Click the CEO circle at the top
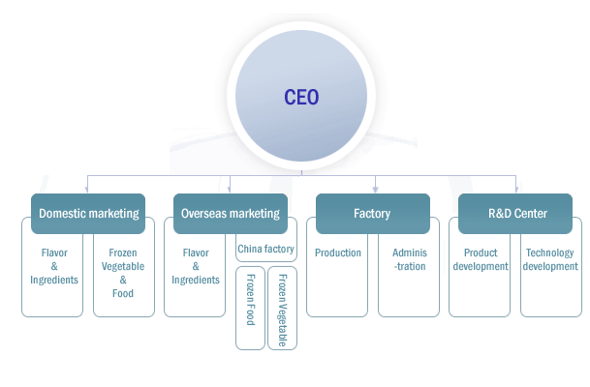[301, 98]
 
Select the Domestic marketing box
[88, 214]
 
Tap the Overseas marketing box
[231, 214]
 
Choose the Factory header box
[373, 214]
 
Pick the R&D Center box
[516, 214]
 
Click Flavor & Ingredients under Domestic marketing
[54, 267]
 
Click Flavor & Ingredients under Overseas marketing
[196, 267]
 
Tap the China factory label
[265, 250]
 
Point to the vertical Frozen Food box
[250, 308]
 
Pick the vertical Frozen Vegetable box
[282, 308]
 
